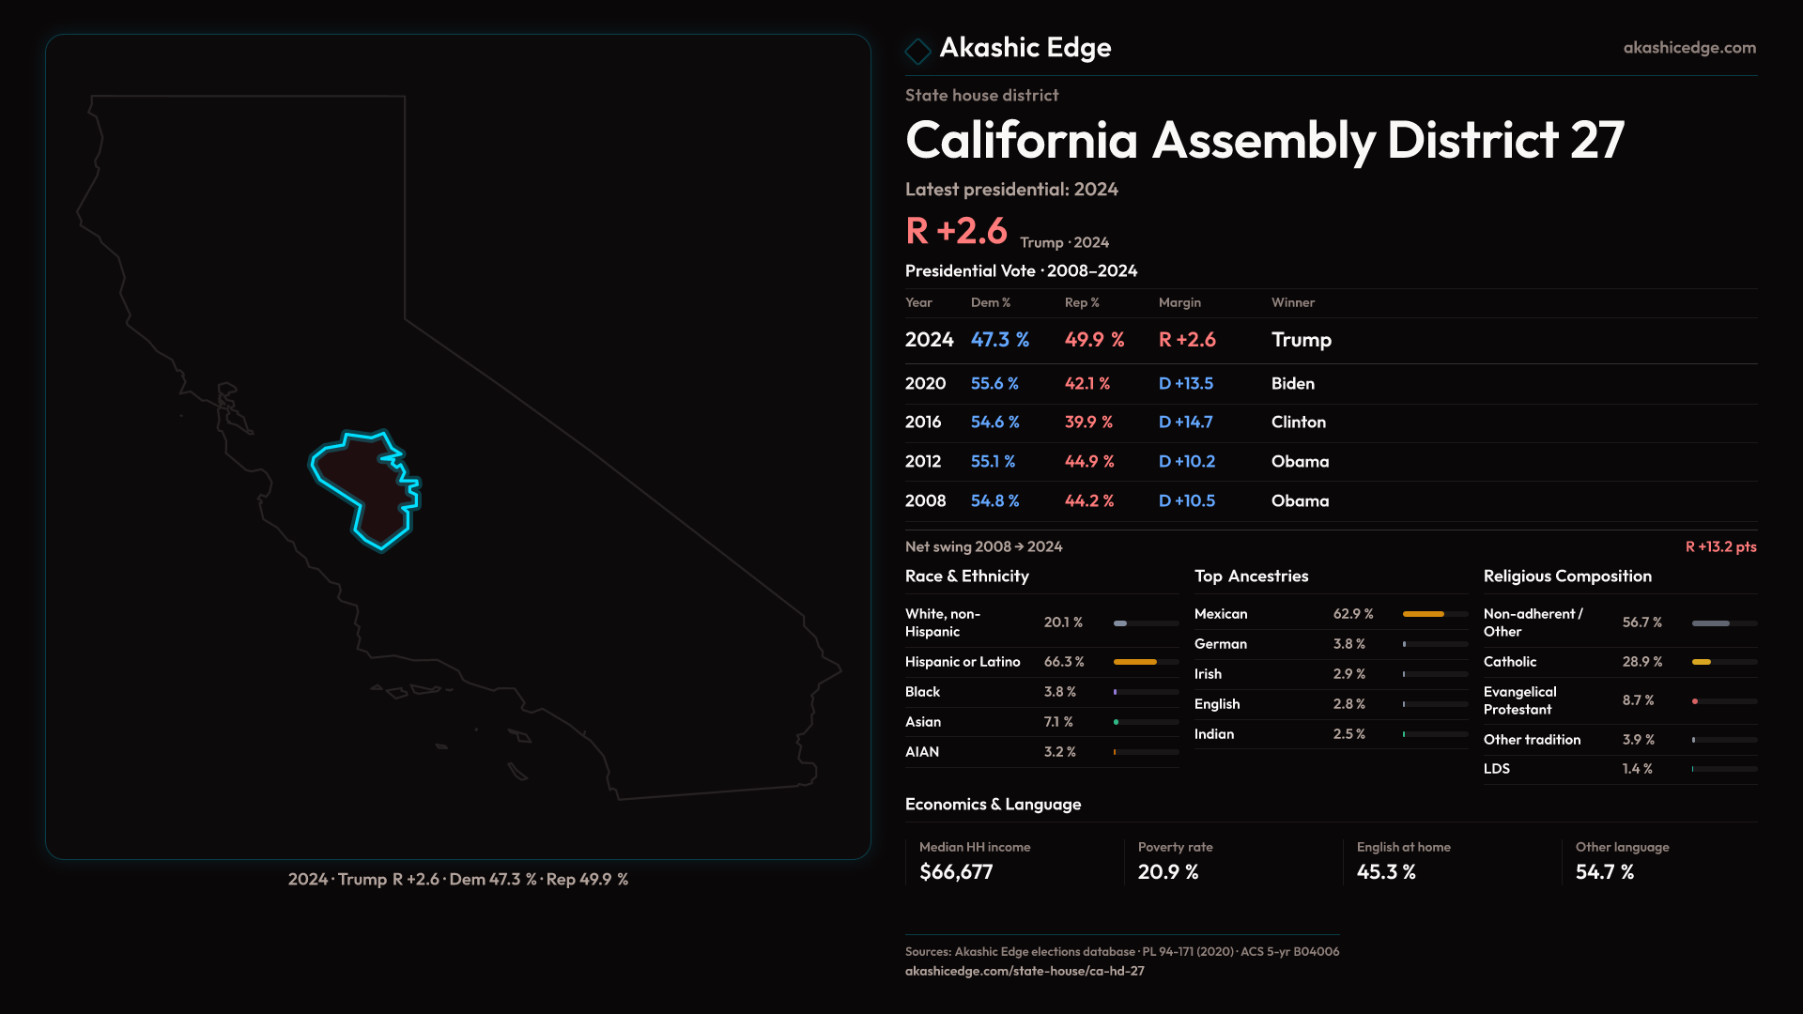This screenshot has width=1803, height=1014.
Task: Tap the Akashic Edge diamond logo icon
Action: [x=917, y=50]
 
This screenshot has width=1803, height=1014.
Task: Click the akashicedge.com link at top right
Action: [x=1689, y=47]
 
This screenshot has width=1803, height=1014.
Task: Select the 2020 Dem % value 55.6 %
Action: [x=994, y=383]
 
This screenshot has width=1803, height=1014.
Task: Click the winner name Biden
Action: [x=1292, y=383]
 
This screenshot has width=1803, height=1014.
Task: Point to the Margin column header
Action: [x=1179, y=302]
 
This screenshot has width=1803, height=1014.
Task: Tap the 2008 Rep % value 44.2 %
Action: [x=1089, y=501]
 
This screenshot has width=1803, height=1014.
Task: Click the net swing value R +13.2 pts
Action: [x=1720, y=546]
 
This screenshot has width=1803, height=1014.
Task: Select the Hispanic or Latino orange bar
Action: [x=1134, y=662]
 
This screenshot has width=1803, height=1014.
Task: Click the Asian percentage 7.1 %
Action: [x=1058, y=722]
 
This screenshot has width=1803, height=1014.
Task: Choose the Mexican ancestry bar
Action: [x=1423, y=614]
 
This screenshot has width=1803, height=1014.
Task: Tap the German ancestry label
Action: [x=1221, y=644]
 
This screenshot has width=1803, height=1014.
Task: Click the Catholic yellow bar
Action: [x=1701, y=662]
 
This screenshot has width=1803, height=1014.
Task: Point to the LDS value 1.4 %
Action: [x=1637, y=769]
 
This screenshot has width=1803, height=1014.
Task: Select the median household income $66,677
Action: [x=956, y=872]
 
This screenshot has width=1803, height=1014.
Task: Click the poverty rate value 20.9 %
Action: [x=1168, y=872]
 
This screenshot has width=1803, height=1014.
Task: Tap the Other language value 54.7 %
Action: [x=1605, y=872]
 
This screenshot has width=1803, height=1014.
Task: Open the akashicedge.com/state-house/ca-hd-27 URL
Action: [x=1025, y=971]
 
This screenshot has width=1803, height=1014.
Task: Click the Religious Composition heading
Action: [x=1567, y=576]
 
